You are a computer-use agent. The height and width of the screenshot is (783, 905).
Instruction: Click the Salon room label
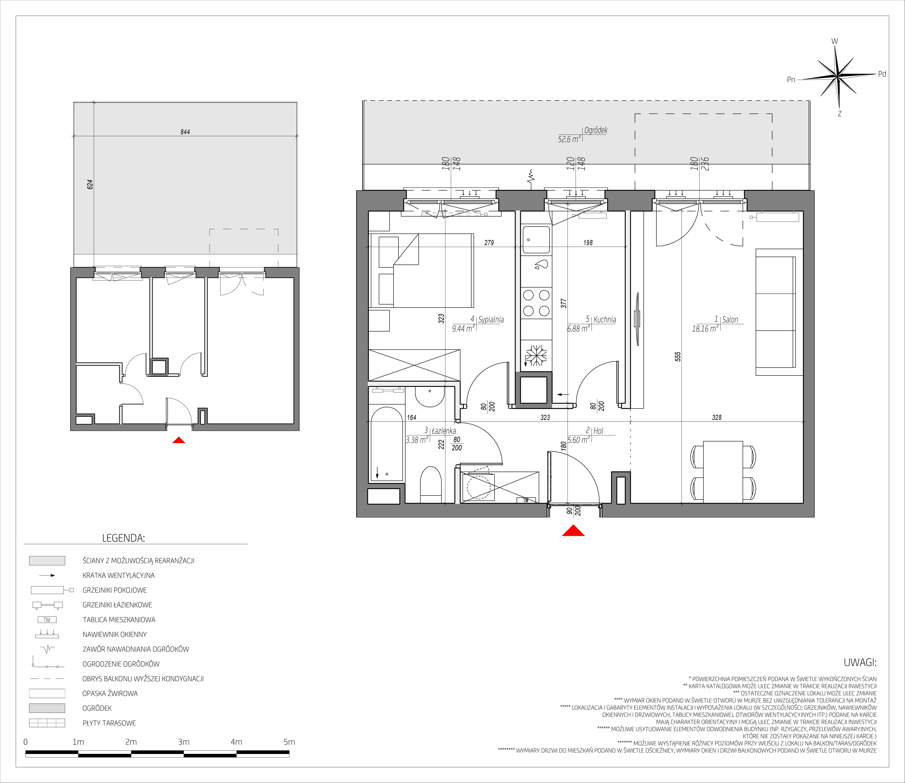(730, 319)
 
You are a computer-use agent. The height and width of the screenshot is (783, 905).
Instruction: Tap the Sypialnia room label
(491, 319)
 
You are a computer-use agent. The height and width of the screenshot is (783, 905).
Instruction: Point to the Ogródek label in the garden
(596, 130)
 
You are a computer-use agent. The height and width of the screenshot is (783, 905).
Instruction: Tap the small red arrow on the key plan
(179, 440)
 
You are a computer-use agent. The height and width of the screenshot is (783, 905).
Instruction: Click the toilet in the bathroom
(431, 485)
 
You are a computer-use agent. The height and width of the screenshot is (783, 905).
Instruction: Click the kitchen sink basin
(536, 239)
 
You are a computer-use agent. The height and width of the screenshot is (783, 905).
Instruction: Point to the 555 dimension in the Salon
(678, 357)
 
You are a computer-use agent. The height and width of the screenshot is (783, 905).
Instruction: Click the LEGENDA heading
(123, 538)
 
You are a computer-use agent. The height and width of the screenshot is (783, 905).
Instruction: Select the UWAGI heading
(860, 662)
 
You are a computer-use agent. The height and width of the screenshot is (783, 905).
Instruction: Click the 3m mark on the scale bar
(184, 742)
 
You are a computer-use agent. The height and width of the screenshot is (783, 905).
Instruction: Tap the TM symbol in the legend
(47, 620)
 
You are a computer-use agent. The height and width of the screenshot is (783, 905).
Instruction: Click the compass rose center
(837, 77)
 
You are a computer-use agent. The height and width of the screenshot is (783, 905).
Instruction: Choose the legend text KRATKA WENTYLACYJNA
(118, 576)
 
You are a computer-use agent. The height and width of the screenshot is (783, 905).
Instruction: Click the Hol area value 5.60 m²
(578, 440)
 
